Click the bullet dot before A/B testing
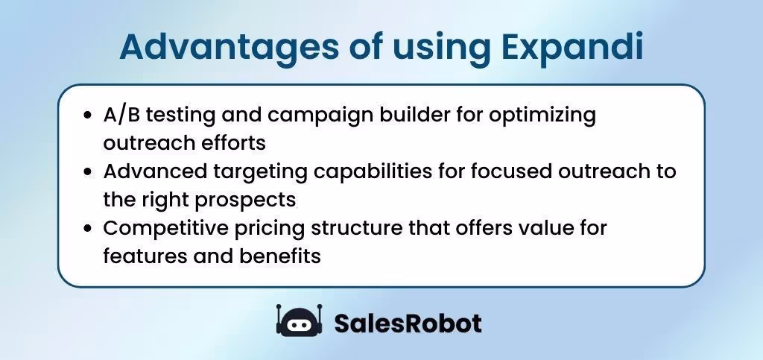click(x=89, y=116)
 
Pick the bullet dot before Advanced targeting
click(x=89, y=172)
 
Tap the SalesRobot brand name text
click(x=408, y=323)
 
